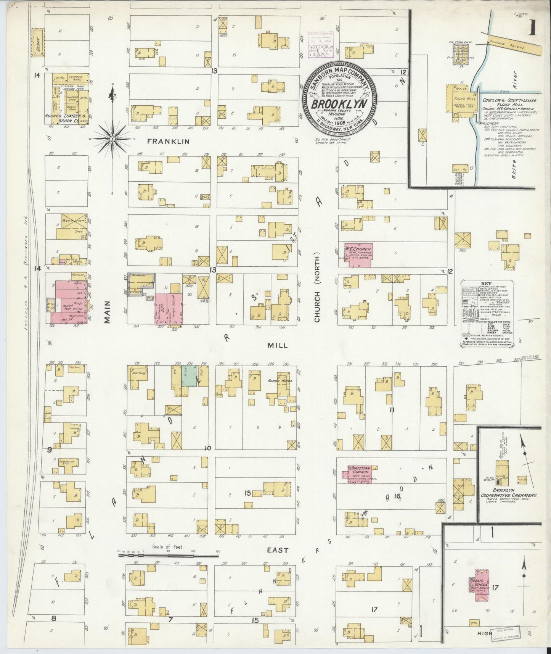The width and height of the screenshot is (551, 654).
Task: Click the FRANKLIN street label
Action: pyautogui.click(x=169, y=141)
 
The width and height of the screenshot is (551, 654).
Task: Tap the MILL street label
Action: pyautogui.click(x=277, y=345)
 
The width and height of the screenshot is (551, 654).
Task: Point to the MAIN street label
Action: pyautogui.click(x=107, y=312)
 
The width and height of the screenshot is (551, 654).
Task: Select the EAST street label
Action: pyautogui.click(x=278, y=550)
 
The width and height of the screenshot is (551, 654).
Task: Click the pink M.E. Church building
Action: pyautogui.click(x=359, y=253)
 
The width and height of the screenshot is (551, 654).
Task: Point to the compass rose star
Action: pyautogui.click(x=112, y=139)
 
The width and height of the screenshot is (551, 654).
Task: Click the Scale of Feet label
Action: pyautogui.click(x=168, y=547)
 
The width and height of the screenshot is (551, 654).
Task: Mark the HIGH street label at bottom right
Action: pyautogui.click(x=485, y=633)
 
